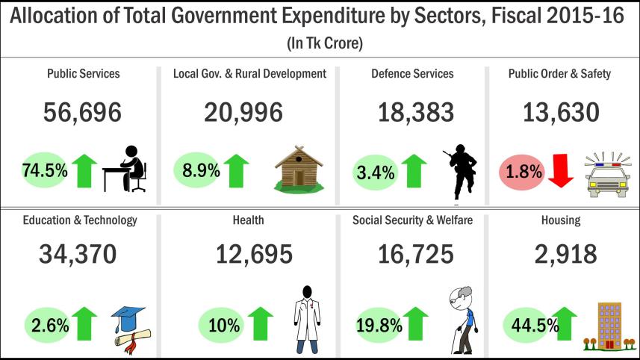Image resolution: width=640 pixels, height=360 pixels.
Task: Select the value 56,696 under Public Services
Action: (82, 113)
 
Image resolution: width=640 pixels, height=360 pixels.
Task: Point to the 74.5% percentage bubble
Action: (46, 170)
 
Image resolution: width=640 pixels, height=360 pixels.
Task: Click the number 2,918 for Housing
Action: (565, 255)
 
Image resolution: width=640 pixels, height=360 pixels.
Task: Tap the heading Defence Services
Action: (412, 73)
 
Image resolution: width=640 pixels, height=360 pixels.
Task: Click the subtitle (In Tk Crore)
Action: (324, 44)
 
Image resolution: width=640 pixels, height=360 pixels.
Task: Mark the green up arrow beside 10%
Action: (261, 323)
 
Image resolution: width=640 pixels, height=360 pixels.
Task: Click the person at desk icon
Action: (125, 169)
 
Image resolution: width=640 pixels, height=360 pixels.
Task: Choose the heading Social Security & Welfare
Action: (412, 220)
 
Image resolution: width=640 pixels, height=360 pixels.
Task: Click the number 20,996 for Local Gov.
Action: (243, 113)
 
